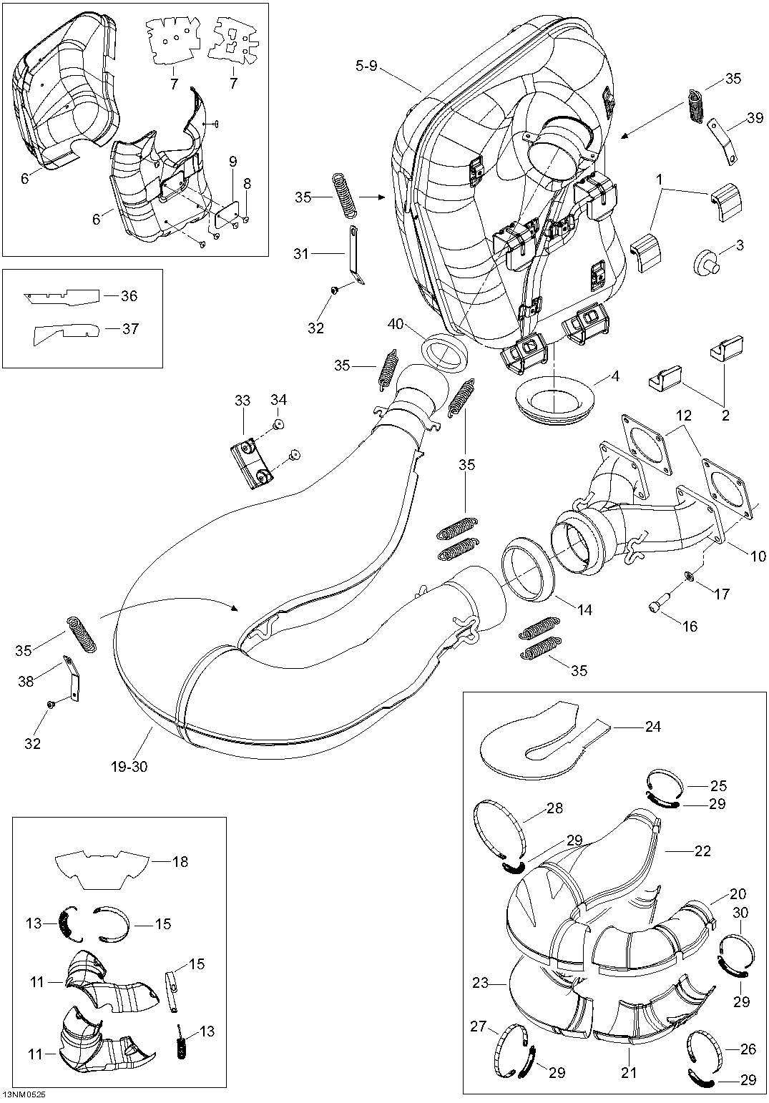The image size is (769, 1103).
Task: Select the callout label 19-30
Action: (x=129, y=767)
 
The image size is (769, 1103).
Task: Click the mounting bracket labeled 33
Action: (x=250, y=464)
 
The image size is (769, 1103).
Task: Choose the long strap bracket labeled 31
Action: (x=353, y=254)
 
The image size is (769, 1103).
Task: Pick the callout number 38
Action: (x=26, y=682)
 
